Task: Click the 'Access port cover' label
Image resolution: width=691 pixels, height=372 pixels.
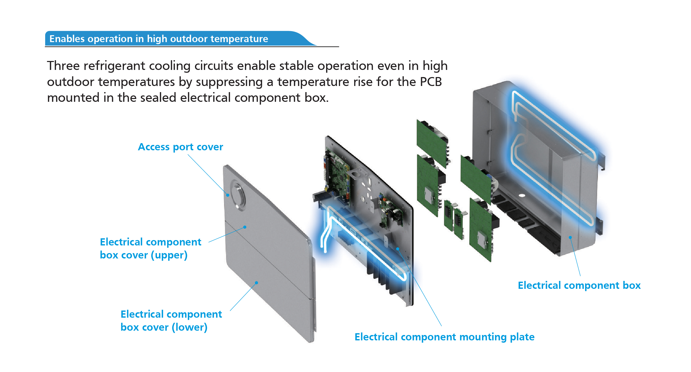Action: (x=180, y=147)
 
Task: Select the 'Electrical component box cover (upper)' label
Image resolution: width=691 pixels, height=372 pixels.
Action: (x=150, y=248)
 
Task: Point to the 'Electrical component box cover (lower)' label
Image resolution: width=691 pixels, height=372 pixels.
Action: (x=171, y=320)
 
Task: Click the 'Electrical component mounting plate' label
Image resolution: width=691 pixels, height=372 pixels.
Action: (x=444, y=337)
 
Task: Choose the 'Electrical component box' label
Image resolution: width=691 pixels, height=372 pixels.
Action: (x=579, y=285)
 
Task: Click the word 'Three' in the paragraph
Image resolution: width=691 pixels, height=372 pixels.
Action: (x=63, y=66)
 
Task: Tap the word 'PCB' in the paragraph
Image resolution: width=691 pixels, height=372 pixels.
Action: (x=431, y=82)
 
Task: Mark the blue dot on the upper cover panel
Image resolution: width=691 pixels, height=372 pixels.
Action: (x=245, y=227)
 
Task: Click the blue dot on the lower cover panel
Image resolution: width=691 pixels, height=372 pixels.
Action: (x=256, y=283)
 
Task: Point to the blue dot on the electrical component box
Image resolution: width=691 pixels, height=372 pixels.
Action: (x=570, y=237)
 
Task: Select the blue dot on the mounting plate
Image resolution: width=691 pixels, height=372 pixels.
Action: (x=398, y=249)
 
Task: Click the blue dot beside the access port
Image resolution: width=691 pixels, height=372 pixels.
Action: (x=228, y=195)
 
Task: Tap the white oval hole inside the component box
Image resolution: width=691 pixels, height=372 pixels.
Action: (x=522, y=195)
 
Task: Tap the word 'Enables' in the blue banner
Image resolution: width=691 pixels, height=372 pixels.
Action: (x=67, y=39)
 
